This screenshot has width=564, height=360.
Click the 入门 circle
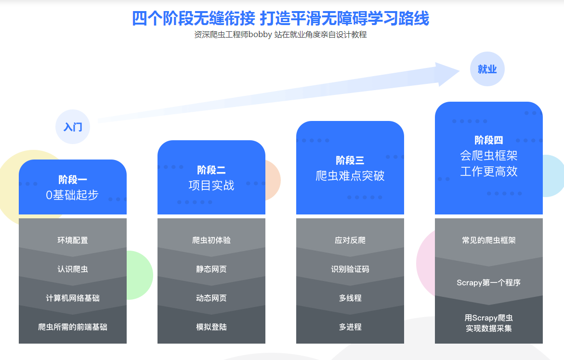click(73, 127)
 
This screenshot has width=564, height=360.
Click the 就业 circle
click(487, 69)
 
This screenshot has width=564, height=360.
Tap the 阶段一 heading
click(73, 180)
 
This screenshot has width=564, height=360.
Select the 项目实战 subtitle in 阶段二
click(211, 185)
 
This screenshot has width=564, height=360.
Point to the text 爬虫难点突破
click(350, 175)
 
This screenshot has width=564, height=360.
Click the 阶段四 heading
click(489, 140)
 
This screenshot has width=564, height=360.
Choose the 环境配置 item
click(73, 240)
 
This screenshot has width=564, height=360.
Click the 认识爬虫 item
click(73, 269)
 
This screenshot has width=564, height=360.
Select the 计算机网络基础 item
click(73, 298)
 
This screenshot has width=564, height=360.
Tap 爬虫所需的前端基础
click(73, 327)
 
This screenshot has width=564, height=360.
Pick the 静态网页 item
click(211, 269)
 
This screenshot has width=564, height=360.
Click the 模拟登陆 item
click(211, 327)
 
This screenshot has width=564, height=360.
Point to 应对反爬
click(350, 240)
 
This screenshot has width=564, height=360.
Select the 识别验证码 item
click(350, 269)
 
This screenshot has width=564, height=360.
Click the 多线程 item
click(350, 298)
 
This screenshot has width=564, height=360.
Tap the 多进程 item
click(350, 327)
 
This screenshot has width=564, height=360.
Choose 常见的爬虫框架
click(489, 240)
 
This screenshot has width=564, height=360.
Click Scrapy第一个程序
click(489, 282)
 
